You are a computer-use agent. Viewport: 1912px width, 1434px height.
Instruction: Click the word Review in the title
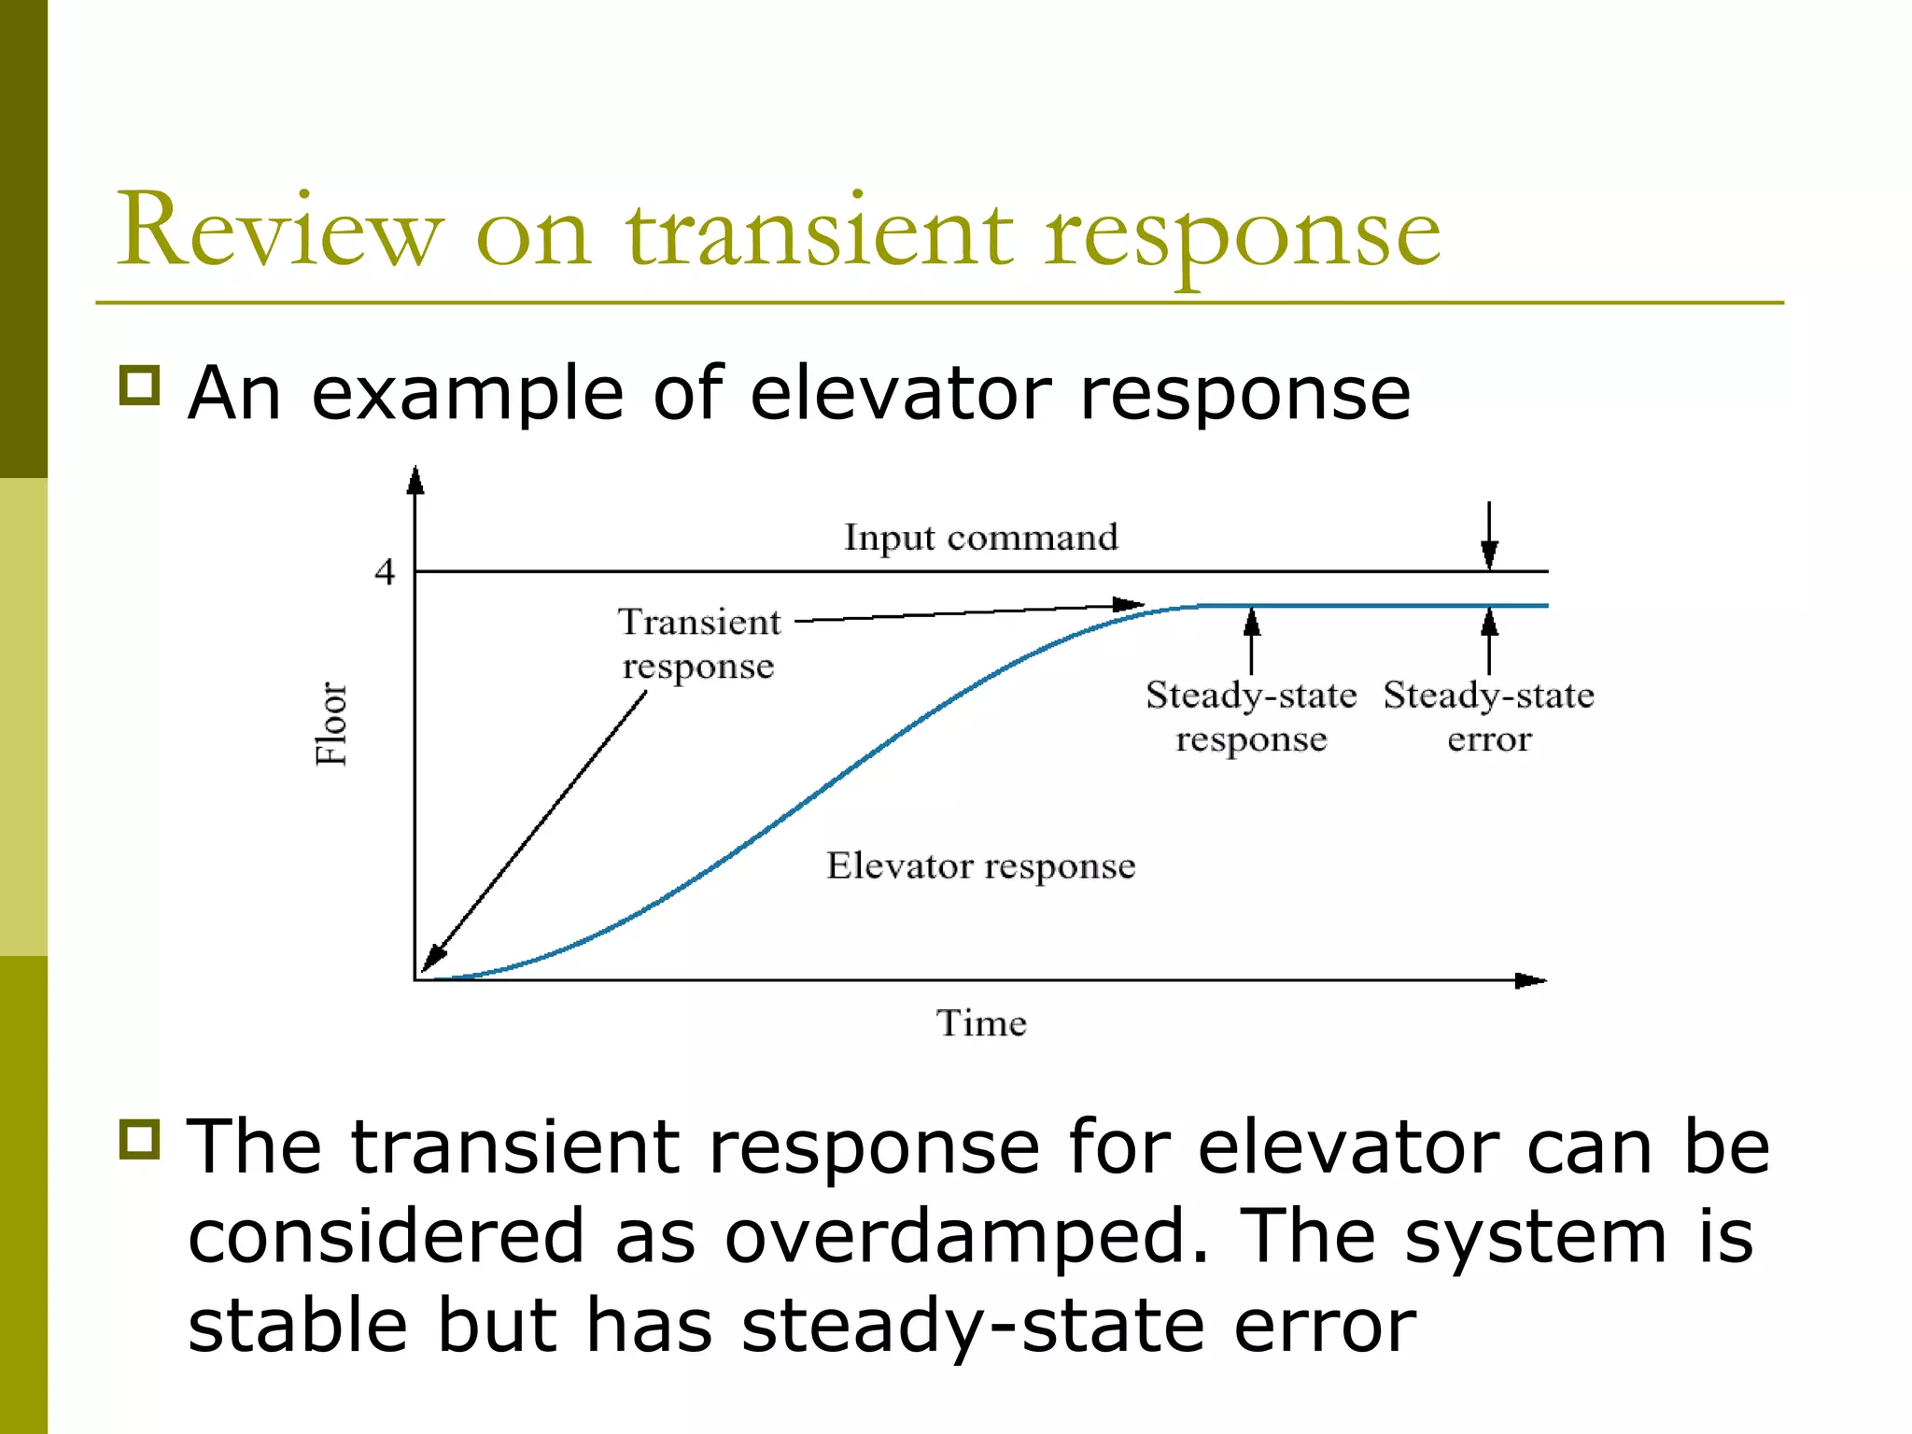pos(279,231)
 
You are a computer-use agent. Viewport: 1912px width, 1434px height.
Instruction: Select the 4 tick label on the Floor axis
pos(385,572)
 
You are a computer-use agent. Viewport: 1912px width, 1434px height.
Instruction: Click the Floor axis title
pos(331,724)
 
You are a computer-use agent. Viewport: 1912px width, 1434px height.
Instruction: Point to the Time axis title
pos(981,1023)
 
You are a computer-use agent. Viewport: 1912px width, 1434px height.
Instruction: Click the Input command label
pos(980,538)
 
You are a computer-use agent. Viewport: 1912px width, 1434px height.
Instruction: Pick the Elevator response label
pos(980,866)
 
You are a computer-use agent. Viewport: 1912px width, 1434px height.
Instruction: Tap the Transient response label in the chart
pos(698,644)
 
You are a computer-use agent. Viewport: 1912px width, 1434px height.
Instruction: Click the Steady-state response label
pos(1251,717)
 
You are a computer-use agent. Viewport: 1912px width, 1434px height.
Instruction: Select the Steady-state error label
pos(1488,717)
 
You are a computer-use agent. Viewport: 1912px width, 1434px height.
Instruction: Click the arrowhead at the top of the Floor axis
pos(415,480)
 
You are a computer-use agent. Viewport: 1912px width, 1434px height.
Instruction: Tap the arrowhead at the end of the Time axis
pos(1530,980)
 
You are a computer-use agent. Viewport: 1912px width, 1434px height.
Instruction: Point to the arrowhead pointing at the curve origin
pos(433,959)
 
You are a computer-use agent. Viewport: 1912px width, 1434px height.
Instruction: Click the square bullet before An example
pos(140,385)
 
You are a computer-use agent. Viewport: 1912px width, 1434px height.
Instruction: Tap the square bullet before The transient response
pos(140,1139)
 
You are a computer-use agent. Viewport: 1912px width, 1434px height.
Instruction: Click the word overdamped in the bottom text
pos(965,1236)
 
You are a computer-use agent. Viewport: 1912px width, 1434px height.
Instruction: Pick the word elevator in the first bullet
pos(900,393)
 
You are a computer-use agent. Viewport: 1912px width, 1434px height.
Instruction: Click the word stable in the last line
pos(298,1326)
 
